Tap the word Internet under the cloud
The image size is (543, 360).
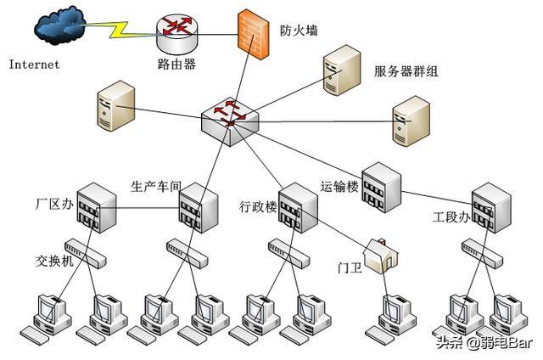point(34,65)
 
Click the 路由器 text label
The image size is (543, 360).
point(176,65)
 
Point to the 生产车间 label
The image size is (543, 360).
point(155,186)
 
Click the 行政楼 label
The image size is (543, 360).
point(258,207)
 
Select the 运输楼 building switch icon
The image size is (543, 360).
point(380,183)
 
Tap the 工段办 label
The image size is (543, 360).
point(451,218)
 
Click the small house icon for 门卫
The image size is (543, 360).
point(378,255)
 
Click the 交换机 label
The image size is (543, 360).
point(54,261)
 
